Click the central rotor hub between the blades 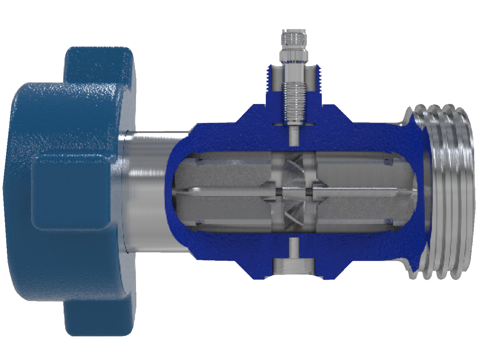click(x=294, y=192)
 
